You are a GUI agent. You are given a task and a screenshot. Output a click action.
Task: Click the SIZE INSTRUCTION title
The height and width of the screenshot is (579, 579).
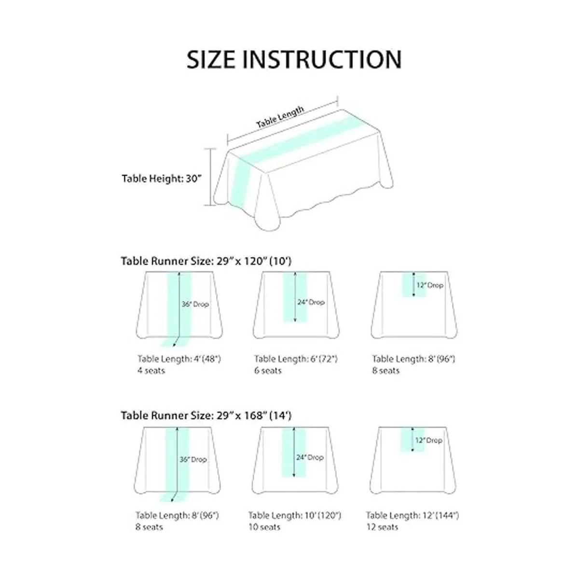point(294,59)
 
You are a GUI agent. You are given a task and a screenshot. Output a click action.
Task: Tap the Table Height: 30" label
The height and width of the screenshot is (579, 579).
point(161,179)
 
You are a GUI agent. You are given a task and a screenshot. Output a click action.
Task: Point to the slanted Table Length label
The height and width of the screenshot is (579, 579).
point(280,117)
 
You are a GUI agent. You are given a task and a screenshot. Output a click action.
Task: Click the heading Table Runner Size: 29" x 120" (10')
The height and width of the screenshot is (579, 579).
point(206,261)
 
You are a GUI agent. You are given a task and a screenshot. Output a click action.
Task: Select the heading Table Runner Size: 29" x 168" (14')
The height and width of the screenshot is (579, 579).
point(206,415)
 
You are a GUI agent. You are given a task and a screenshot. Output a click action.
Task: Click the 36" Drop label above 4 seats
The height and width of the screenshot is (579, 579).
point(195,304)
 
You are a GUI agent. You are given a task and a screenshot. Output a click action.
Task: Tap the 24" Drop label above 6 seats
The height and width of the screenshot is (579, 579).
point(311,302)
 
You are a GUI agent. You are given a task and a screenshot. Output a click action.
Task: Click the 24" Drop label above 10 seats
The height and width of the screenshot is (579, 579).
point(310,457)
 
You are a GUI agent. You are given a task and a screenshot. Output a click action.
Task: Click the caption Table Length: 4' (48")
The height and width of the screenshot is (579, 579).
point(179,359)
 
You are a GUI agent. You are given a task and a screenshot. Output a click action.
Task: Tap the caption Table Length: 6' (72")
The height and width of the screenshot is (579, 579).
point(296,359)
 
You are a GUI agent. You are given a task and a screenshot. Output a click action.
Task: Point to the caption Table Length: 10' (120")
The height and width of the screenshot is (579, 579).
point(295,515)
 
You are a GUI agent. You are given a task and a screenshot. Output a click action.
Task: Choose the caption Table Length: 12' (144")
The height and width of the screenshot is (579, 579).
point(412,515)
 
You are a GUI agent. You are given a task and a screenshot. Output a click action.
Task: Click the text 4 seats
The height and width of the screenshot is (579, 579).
point(151,371)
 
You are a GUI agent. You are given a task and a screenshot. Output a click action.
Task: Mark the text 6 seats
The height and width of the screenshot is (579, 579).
point(268,371)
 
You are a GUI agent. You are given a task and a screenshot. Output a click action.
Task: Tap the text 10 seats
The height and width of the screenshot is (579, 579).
point(264,527)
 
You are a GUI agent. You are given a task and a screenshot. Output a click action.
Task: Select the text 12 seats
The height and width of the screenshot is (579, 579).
point(382,527)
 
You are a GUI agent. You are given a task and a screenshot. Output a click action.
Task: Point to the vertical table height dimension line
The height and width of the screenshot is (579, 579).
point(210,177)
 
